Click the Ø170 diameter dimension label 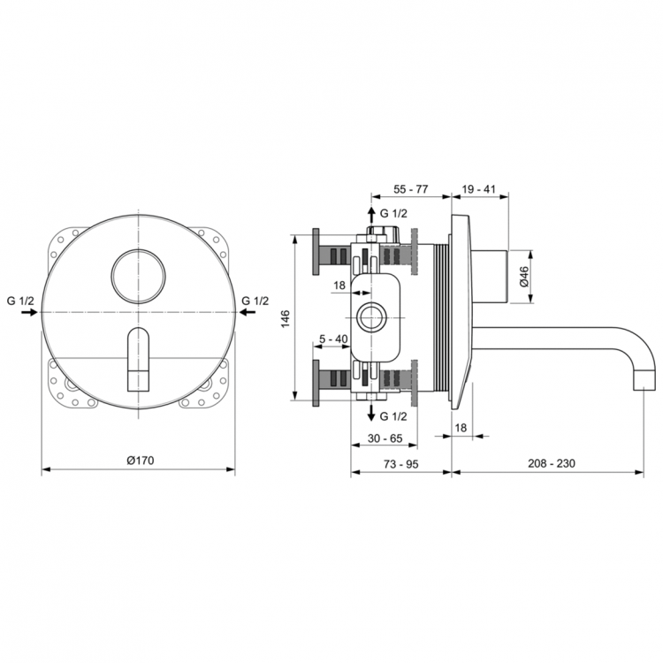click(x=140, y=460)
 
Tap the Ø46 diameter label click(x=523, y=277)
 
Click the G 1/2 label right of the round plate click(x=256, y=301)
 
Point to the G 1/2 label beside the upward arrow click(x=394, y=213)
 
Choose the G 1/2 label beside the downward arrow click(x=394, y=415)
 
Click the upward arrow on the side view click(x=371, y=215)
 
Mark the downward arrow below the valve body click(x=371, y=414)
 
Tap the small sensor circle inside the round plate click(x=139, y=273)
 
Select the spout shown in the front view click(x=140, y=358)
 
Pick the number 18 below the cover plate click(x=461, y=427)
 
